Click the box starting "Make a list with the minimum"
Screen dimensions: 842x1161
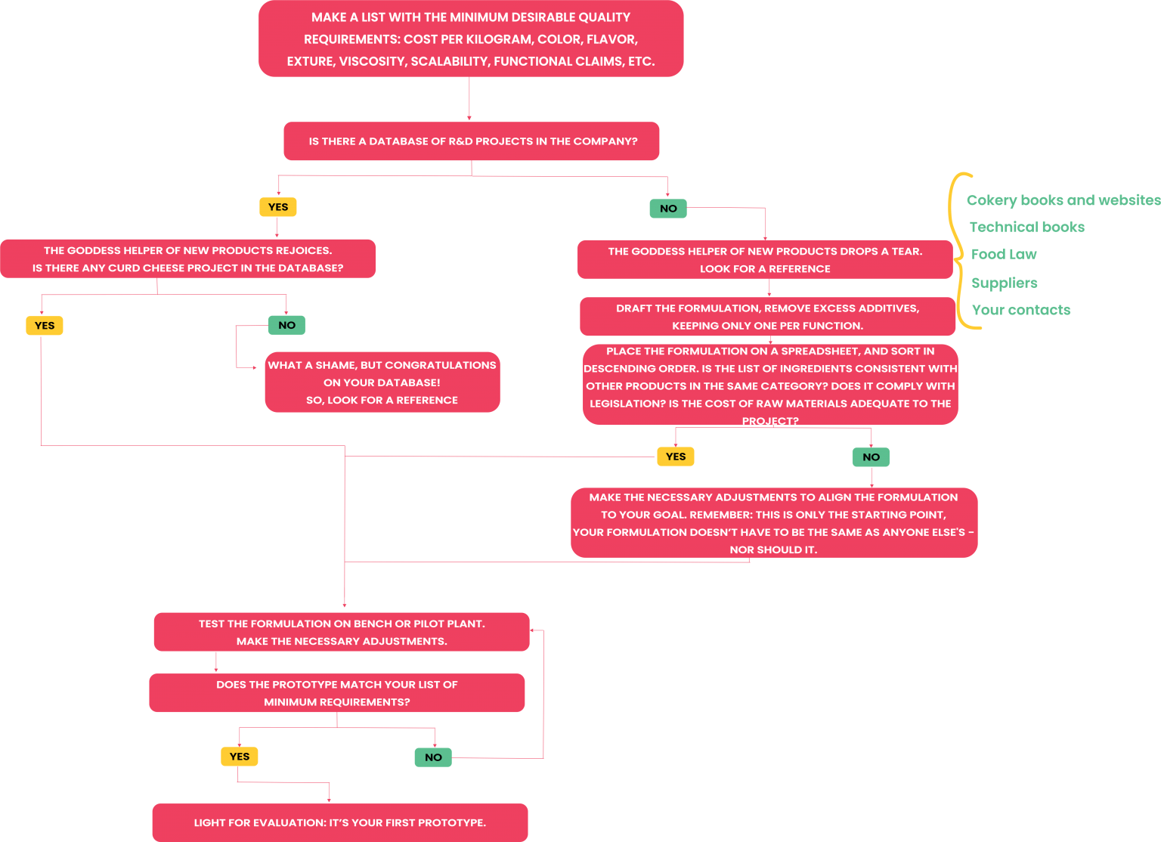[470, 39]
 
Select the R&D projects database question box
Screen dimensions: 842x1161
[472, 141]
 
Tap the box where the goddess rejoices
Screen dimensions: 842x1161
[187, 258]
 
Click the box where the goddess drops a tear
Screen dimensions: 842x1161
[765, 260]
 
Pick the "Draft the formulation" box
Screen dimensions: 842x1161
[767, 317]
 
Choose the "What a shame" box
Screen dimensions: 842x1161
[382, 382]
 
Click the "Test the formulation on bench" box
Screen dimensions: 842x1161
[342, 632]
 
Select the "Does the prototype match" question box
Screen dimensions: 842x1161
[337, 693]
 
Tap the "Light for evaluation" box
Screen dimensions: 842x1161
[340, 822]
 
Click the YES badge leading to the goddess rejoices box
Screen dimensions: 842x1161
[278, 207]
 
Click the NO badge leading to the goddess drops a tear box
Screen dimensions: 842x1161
[668, 209]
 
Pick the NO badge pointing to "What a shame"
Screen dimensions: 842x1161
[286, 325]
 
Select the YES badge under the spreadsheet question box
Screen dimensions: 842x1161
[676, 457]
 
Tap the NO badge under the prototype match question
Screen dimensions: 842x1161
[433, 757]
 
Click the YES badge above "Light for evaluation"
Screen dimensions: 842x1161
[240, 757]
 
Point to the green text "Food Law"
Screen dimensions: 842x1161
[1004, 255]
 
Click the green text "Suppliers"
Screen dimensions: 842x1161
[1005, 283]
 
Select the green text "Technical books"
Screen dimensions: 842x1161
[1026, 227]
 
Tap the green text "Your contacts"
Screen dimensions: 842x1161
[1021, 310]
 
